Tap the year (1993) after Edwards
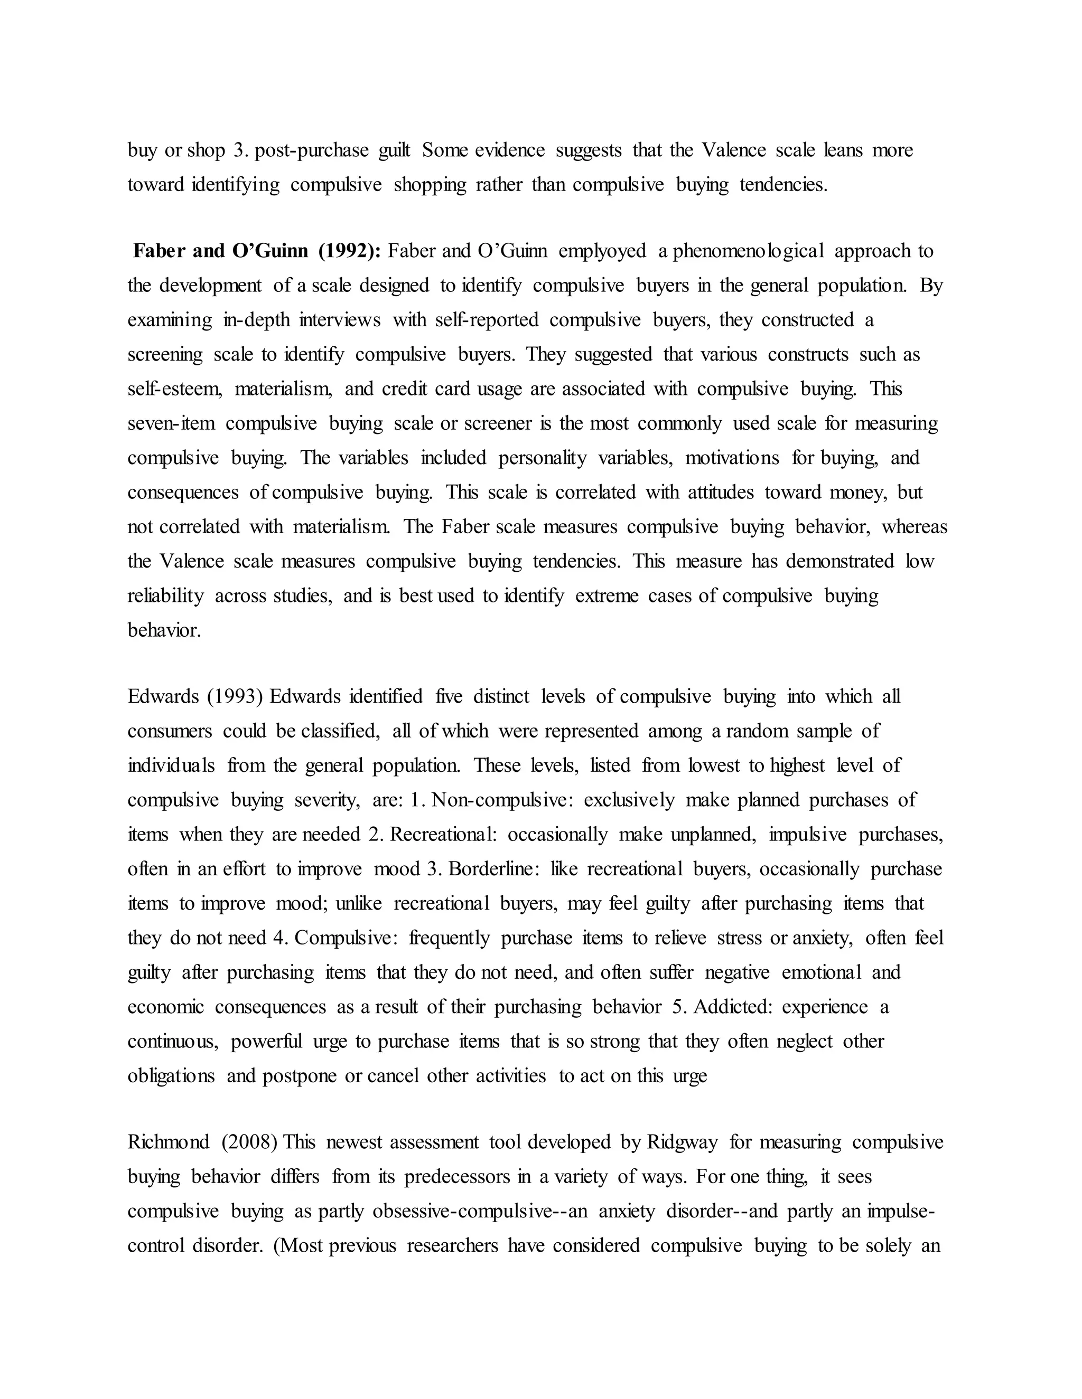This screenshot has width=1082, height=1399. tap(235, 696)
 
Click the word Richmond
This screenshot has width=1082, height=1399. tap(169, 1142)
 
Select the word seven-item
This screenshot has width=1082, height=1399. tap(171, 423)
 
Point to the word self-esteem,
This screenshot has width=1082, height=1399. tap(175, 389)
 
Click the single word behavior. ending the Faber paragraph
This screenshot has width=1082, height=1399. tap(164, 630)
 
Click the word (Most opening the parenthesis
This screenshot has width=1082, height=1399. tap(298, 1246)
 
